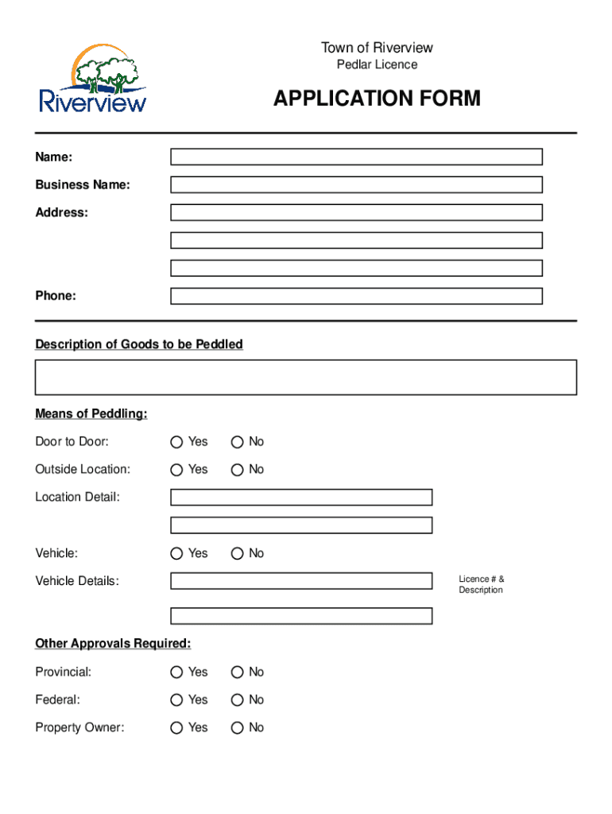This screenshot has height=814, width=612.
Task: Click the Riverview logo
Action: (x=93, y=79)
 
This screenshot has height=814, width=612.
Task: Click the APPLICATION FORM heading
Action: (x=377, y=99)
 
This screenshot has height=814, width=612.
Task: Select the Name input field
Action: (x=356, y=157)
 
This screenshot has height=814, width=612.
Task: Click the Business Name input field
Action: (x=356, y=184)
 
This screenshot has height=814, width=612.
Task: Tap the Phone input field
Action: (x=356, y=296)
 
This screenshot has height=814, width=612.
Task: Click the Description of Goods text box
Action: (x=306, y=377)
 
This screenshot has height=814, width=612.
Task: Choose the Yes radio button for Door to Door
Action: (x=177, y=442)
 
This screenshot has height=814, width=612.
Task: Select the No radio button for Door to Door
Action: (x=237, y=442)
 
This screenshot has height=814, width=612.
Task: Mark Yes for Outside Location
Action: (x=177, y=470)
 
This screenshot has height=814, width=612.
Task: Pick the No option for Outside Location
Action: (x=237, y=470)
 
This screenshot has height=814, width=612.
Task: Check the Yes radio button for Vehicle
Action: (x=177, y=553)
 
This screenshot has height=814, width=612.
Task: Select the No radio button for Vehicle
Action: (x=237, y=553)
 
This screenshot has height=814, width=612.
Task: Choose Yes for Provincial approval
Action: (x=177, y=673)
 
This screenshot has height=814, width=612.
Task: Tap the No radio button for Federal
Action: (x=237, y=700)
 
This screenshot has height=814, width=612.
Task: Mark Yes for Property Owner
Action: (x=177, y=728)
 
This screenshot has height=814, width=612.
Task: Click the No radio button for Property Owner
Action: (x=237, y=728)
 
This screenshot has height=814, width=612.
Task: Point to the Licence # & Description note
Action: (x=481, y=584)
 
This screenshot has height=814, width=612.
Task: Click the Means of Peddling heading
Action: (x=91, y=414)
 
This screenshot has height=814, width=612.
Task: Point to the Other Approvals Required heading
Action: (x=113, y=643)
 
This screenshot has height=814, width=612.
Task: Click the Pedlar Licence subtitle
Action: (x=377, y=64)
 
